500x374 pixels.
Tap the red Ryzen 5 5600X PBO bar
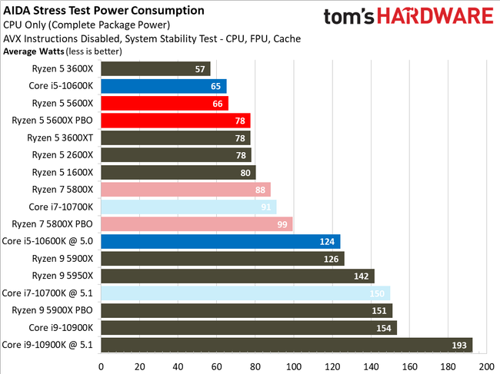pos(175,121)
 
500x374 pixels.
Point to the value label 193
pos(460,345)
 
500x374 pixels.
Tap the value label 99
pos(282,224)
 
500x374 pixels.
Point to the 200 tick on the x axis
pos(486,366)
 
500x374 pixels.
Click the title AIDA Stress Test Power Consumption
pos(104,11)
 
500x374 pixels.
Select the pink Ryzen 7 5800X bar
pos(185,190)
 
